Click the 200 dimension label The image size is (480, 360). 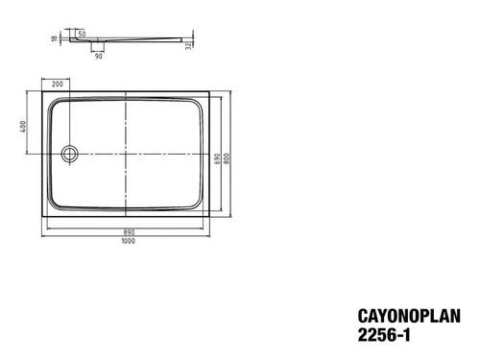pos(58,84)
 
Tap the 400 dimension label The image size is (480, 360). pos(23,127)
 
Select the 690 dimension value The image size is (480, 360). pos(217,158)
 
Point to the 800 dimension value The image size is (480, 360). pos(227,158)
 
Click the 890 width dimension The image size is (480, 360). pos(129,232)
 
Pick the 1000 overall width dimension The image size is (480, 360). pos(128,241)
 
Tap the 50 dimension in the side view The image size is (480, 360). pos(82,34)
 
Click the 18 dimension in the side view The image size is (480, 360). pos(54,38)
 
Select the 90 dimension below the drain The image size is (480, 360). pos(99,57)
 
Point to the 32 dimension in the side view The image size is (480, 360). pos(189,45)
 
